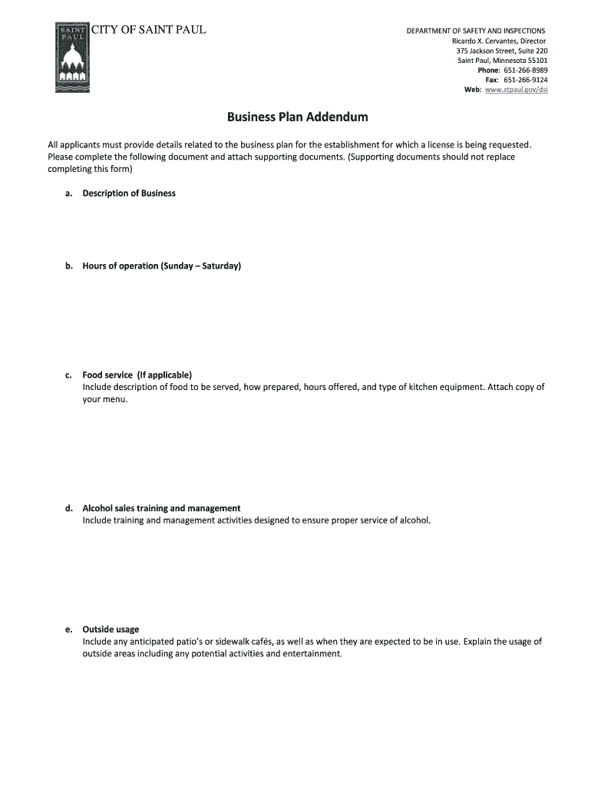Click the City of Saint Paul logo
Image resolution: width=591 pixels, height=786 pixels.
click(73, 58)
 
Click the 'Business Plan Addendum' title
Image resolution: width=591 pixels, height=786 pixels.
click(297, 117)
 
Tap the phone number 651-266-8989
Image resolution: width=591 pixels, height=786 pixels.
click(526, 70)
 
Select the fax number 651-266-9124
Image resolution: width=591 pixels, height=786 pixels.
click(526, 80)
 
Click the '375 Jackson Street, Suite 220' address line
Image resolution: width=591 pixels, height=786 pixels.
click(502, 51)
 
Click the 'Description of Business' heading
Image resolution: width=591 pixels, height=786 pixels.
click(129, 193)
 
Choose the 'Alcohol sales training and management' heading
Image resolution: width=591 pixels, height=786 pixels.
click(161, 508)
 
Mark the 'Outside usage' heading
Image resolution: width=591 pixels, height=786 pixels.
click(111, 629)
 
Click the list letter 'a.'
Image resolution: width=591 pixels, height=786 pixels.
click(69, 193)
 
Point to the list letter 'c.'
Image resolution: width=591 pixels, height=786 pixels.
click(69, 375)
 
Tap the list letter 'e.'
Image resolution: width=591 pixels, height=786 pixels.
click(69, 629)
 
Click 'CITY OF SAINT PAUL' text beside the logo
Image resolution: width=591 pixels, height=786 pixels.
click(149, 31)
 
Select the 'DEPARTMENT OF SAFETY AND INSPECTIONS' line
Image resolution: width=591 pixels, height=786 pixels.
click(476, 31)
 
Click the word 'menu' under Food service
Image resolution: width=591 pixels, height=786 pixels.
click(114, 399)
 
